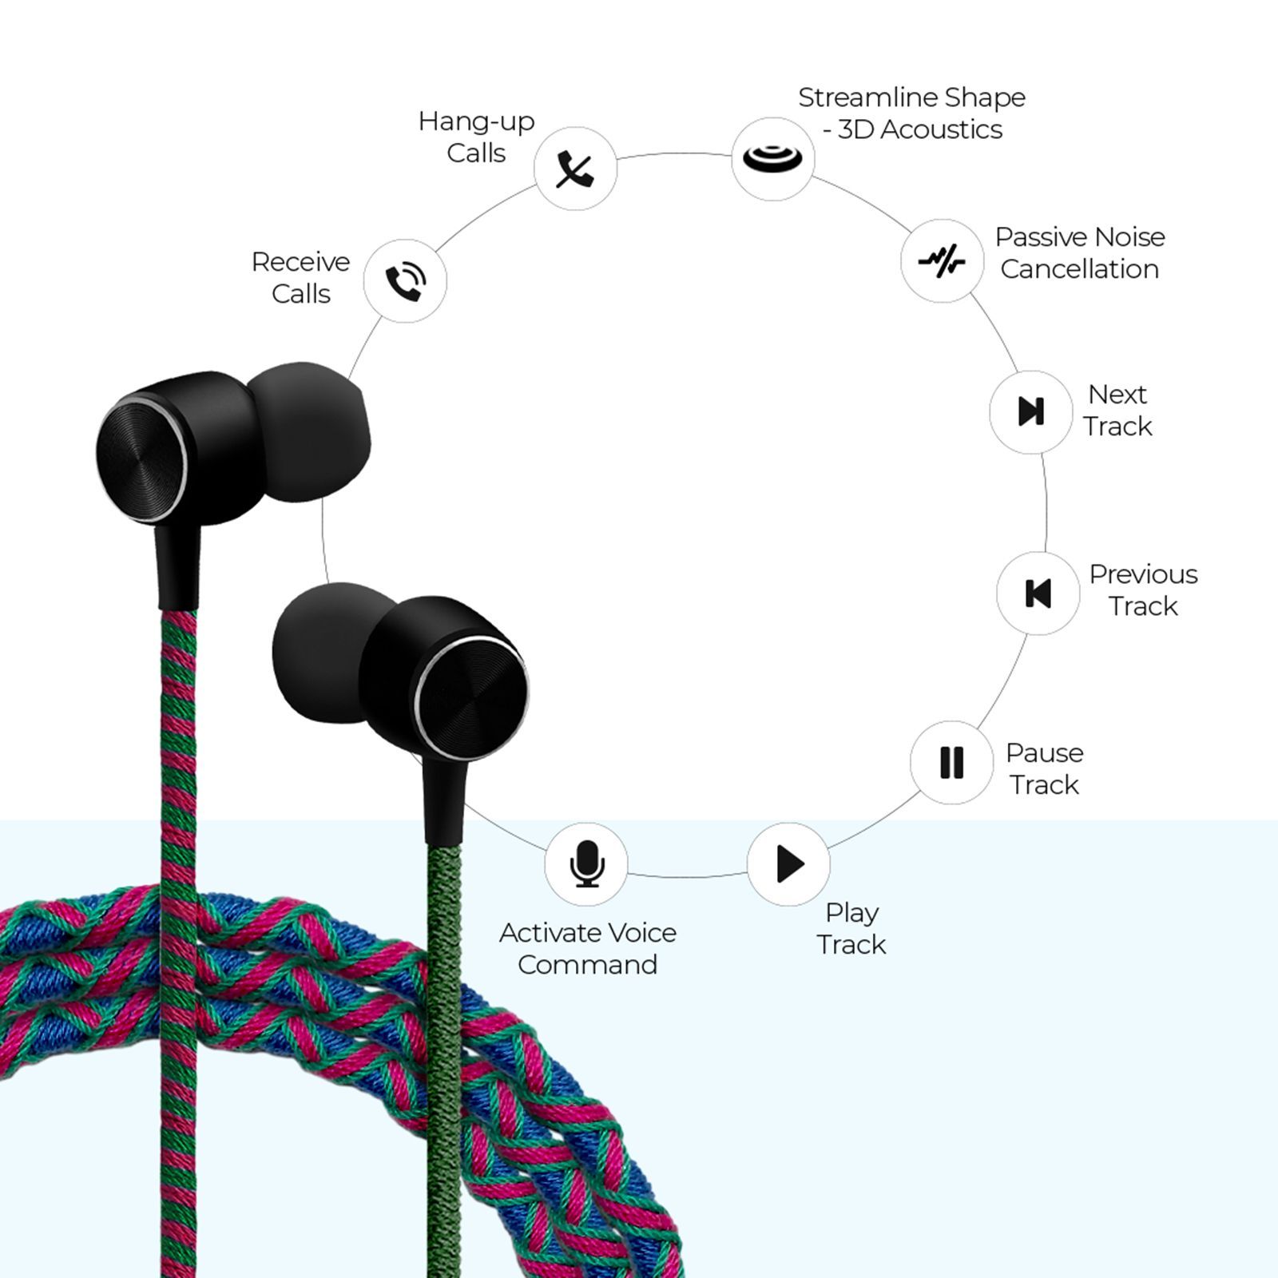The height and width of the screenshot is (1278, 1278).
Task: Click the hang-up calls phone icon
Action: tap(575, 169)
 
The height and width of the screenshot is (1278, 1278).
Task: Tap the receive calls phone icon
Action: tap(405, 281)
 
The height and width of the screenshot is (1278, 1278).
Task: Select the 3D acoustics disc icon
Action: tap(772, 157)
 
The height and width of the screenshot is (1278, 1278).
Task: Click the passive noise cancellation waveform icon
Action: tap(942, 260)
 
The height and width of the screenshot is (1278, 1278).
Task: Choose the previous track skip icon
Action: tap(1038, 593)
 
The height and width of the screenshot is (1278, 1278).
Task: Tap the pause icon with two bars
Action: tap(951, 762)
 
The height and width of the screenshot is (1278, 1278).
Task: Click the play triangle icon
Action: tap(789, 864)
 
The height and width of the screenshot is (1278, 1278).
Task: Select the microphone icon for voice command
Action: tap(586, 864)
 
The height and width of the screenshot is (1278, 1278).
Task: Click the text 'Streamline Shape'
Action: tap(911, 97)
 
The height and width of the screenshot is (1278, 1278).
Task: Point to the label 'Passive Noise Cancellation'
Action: tap(1079, 252)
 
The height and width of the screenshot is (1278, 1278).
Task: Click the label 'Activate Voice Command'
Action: tap(587, 948)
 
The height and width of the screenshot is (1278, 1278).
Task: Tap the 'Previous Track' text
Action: tap(1143, 589)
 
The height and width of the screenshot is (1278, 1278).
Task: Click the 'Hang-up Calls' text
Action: tap(476, 137)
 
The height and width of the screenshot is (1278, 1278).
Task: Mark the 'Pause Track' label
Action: tap(1044, 768)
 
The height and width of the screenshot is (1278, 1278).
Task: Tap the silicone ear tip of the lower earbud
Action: tap(323, 655)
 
